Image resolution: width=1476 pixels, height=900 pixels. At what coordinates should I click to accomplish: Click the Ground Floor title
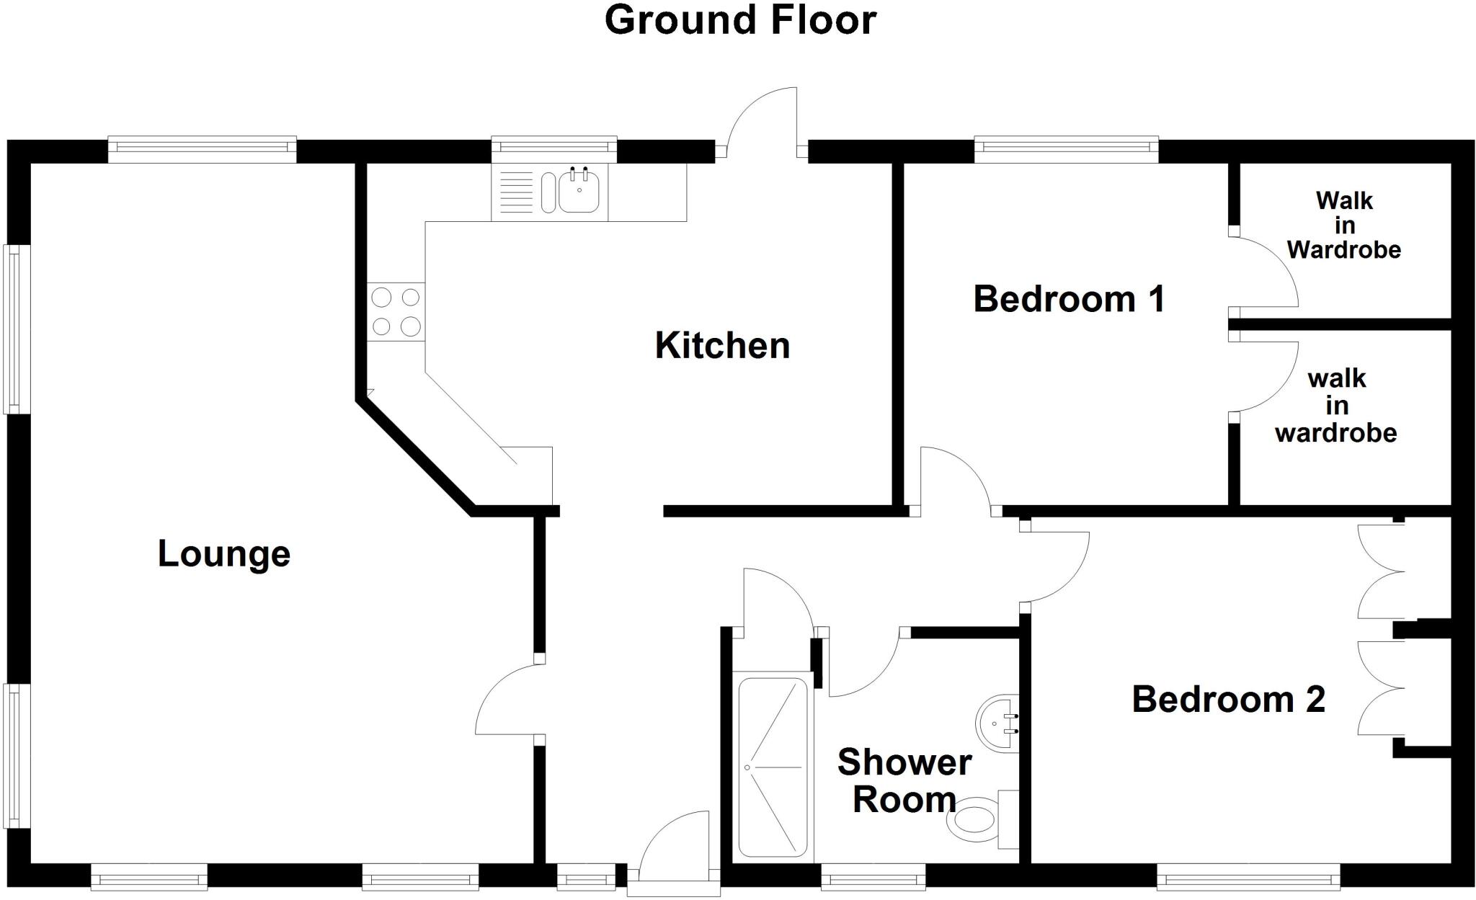pyautogui.click(x=740, y=20)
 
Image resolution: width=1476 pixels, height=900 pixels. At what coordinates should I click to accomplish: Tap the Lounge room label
pyautogui.click(x=224, y=554)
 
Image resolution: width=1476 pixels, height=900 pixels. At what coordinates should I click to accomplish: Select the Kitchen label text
pyautogui.click(x=722, y=346)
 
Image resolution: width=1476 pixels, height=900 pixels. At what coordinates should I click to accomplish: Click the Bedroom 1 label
pyautogui.click(x=1069, y=299)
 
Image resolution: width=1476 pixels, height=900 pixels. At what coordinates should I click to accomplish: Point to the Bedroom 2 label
pyautogui.click(x=1228, y=700)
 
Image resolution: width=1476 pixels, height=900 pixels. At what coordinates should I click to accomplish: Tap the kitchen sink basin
pyautogui.click(x=579, y=191)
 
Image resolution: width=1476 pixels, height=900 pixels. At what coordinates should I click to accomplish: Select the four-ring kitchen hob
pyautogui.click(x=396, y=312)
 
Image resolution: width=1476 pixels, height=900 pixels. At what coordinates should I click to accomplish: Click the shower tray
pyautogui.click(x=773, y=767)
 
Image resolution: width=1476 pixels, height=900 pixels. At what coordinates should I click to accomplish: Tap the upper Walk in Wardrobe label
pyautogui.click(x=1344, y=225)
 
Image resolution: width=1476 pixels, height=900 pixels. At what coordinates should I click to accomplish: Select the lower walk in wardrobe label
pyautogui.click(x=1336, y=406)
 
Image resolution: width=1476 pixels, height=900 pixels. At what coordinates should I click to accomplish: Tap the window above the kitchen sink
pyautogui.click(x=554, y=148)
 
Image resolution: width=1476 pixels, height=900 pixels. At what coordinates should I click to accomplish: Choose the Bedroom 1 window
pyautogui.click(x=1066, y=148)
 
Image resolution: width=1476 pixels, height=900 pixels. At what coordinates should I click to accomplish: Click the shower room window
pyautogui.click(x=873, y=878)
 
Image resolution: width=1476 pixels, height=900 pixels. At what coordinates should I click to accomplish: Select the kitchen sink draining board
pyautogui.click(x=515, y=192)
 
